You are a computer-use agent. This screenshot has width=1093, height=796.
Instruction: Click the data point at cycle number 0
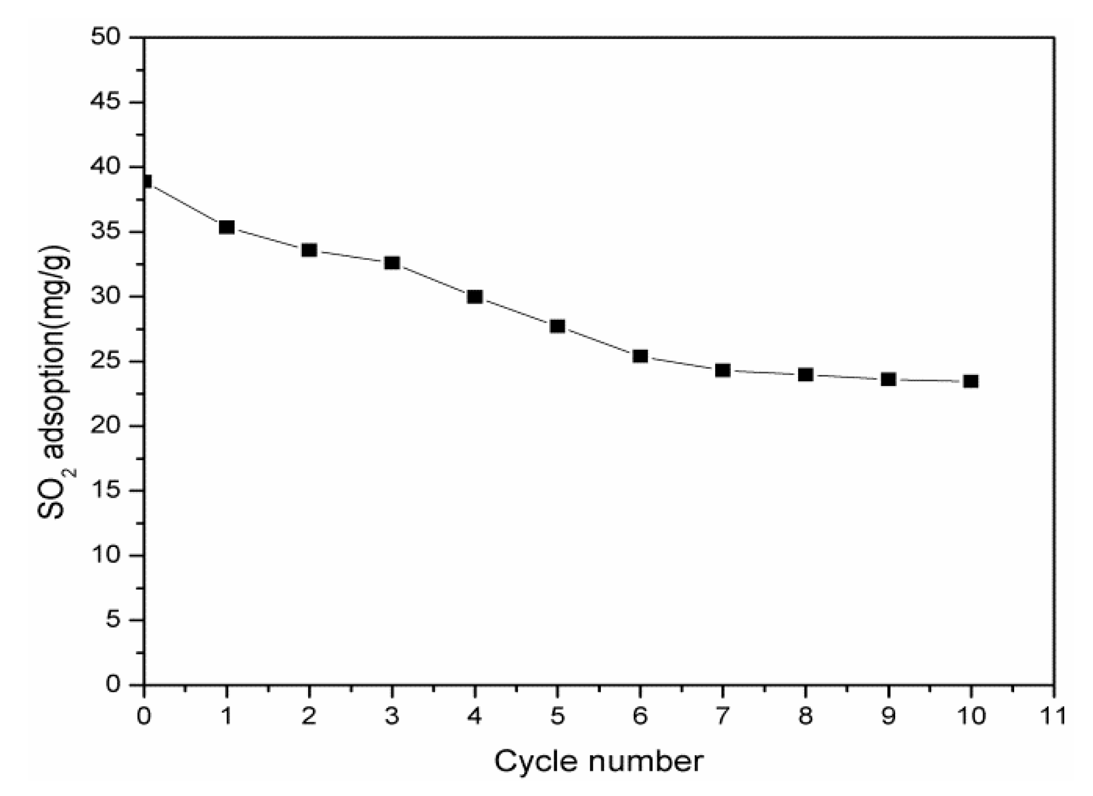click(x=146, y=182)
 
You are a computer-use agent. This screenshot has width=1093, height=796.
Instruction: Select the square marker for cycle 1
click(x=227, y=227)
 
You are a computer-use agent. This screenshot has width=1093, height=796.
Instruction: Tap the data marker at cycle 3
click(x=392, y=263)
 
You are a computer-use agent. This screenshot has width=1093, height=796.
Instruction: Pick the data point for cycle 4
click(x=475, y=297)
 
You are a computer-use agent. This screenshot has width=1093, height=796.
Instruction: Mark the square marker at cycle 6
click(x=640, y=356)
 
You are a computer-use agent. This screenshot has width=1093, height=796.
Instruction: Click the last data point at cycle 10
click(x=971, y=381)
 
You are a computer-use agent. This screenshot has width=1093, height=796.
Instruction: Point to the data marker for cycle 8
click(x=806, y=375)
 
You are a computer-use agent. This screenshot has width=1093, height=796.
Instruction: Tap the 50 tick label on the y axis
click(x=107, y=37)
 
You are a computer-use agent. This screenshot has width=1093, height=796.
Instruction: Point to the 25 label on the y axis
click(x=107, y=362)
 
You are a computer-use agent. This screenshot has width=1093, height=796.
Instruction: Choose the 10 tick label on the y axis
click(x=107, y=556)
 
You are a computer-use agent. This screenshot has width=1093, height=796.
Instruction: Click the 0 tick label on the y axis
click(x=114, y=684)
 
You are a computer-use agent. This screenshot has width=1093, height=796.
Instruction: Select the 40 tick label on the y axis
click(x=107, y=167)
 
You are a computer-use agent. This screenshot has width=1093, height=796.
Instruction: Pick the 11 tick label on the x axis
click(x=1053, y=716)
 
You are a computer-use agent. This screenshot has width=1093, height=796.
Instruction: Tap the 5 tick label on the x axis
click(x=557, y=716)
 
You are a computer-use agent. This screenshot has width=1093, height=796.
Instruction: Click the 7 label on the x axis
click(x=723, y=716)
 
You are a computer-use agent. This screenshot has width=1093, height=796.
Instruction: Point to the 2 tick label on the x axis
click(x=309, y=716)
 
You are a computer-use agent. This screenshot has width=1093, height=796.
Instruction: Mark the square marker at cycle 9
click(x=888, y=380)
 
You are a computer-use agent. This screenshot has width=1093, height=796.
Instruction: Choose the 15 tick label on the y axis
click(x=107, y=491)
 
